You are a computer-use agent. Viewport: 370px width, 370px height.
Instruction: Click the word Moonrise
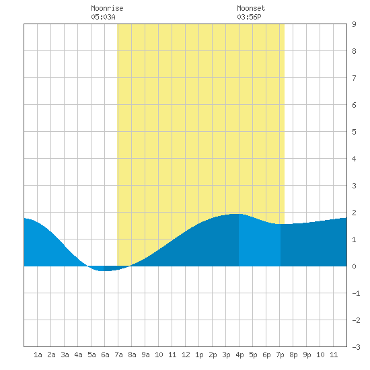point(107,8)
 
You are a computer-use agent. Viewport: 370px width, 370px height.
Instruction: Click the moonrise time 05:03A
point(103,17)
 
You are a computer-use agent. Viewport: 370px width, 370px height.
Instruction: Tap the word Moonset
point(251,8)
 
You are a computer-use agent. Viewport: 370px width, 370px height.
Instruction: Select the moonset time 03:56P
point(249,17)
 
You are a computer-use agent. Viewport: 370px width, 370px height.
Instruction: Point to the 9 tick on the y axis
point(354,24)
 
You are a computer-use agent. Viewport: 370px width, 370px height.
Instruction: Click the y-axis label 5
point(354,132)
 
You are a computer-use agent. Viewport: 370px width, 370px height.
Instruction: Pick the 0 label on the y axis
point(354,266)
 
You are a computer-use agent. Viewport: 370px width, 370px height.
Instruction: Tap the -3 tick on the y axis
point(356,347)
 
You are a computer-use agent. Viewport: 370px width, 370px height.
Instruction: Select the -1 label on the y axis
point(356,293)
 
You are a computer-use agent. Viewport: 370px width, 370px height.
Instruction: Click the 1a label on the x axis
point(38,355)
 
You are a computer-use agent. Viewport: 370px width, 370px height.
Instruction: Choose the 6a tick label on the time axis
point(105,355)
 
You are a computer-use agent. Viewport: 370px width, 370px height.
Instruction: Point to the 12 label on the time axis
point(186,355)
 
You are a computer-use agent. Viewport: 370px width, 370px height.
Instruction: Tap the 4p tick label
point(239,355)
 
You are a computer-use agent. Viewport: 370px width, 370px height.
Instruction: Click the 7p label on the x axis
point(280,355)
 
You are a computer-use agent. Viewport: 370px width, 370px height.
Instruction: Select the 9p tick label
point(307,355)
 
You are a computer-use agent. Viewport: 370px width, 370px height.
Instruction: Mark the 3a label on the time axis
point(65,355)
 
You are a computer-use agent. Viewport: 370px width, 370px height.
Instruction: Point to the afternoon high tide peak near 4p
point(236,214)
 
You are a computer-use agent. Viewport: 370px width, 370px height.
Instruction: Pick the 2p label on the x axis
point(213,355)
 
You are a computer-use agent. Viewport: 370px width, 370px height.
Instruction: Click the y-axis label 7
point(354,78)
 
